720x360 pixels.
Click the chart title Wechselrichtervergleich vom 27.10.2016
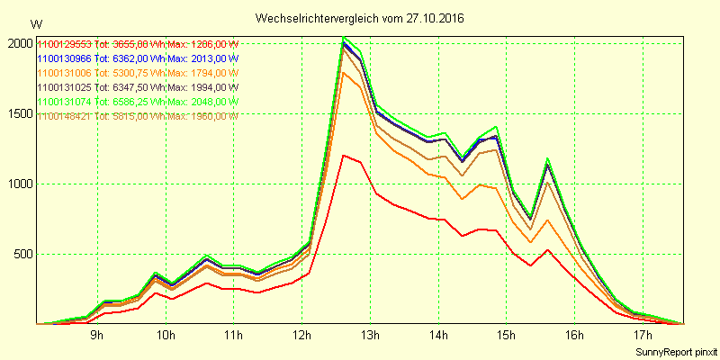[360, 17]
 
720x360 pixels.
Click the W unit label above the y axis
[35, 24]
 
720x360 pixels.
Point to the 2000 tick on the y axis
[19, 43]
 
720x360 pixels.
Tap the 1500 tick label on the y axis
[19, 113]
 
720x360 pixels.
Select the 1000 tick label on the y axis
[19, 184]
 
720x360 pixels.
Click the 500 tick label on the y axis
[22, 254]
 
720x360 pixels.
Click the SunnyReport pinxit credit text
[673, 350]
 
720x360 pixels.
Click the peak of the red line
[344, 155]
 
